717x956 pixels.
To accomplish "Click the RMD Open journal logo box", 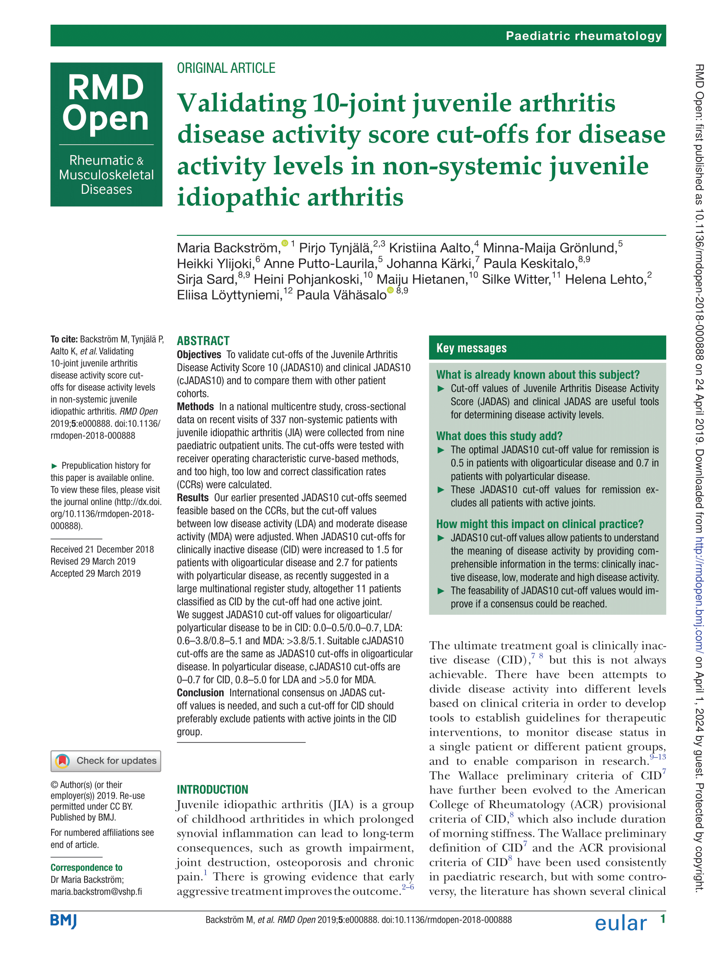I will pyautogui.click(x=106, y=134).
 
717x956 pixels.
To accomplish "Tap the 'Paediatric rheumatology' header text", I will pyautogui.click(x=583, y=36).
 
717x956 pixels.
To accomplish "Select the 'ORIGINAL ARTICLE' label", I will pyautogui.click(x=226, y=68).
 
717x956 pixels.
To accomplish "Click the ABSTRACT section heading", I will pyautogui.click(x=203, y=341).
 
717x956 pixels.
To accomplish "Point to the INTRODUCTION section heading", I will pyautogui.click(x=212, y=790).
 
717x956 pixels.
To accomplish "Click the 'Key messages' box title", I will pyautogui.click(x=471, y=348).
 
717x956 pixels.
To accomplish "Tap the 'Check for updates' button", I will pyautogui.click(x=106, y=761).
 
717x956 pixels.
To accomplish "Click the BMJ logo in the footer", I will pyautogui.click(x=64, y=921).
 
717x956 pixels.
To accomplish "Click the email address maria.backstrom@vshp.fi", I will pyautogui.click(x=96, y=891).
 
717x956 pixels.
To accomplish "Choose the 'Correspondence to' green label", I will pyautogui.click(x=86, y=868).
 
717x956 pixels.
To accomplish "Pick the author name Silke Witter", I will pyautogui.click(x=516, y=279).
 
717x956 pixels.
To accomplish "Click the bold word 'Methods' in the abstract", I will pyautogui.click(x=195, y=407).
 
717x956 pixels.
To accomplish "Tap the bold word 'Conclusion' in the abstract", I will pyautogui.click(x=200, y=693).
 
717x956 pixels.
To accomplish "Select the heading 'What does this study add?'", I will pyautogui.click(x=499, y=436).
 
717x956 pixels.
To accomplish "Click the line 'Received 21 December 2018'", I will pyautogui.click(x=102, y=549).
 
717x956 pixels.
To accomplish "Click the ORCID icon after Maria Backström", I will pyautogui.click(x=285, y=243).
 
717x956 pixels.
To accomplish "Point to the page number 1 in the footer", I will pyautogui.click(x=662, y=919).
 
